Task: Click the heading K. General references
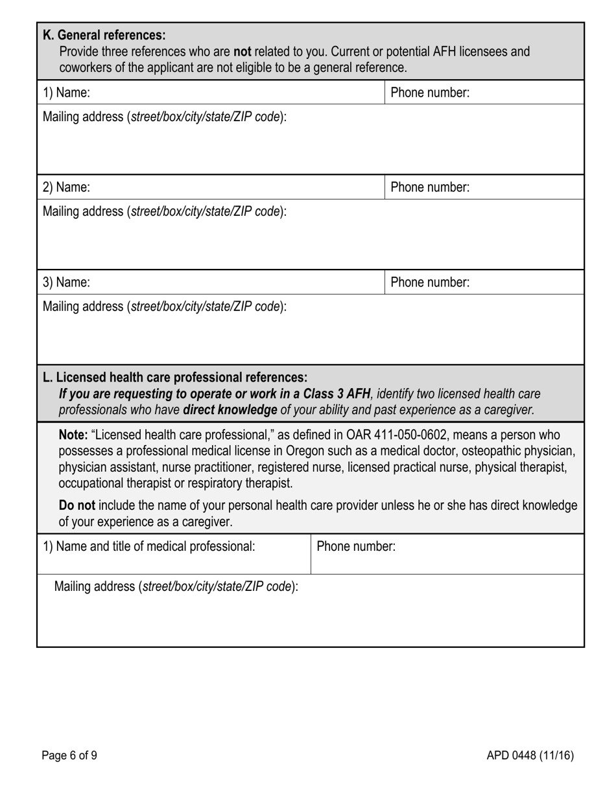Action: [x=104, y=35]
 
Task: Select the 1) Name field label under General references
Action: [x=66, y=93]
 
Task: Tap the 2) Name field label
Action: [x=66, y=187]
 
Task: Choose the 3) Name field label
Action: [x=66, y=283]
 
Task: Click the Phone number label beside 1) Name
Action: [x=430, y=93]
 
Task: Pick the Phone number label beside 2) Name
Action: [x=430, y=187]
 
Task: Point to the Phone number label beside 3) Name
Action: [x=430, y=283]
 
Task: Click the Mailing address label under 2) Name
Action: [x=164, y=211]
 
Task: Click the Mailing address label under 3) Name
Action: [x=164, y=306]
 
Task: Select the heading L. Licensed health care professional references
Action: [x=175, y=377]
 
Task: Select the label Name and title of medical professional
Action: [x=149, y=546]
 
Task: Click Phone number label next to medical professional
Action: [x=356, y=546]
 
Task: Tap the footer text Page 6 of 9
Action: [x=69, y=755]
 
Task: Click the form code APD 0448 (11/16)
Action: [x=530, y=755]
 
